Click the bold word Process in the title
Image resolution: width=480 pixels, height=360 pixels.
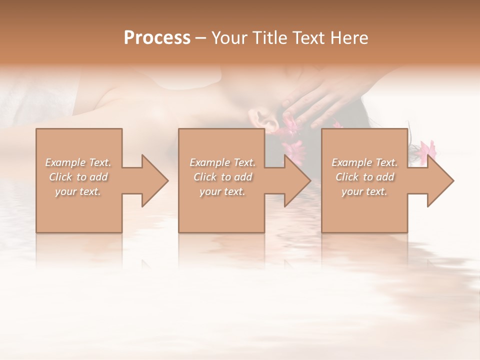(x=157, y=38)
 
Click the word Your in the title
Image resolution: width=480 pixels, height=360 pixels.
(x=230, y=38)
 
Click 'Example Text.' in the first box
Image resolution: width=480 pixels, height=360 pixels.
(x=78, y=162)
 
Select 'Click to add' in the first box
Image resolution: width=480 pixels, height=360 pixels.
(x=78, y=177)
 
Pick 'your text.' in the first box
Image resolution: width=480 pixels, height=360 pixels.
(x=78, y=191)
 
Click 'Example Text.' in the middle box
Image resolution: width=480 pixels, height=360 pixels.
(x=222, y=162)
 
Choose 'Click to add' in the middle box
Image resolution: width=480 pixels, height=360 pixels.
(x=222, y=177)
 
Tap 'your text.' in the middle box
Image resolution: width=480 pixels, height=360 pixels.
(x=222, y=191)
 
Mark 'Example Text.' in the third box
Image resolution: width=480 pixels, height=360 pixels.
(x=364, y=162)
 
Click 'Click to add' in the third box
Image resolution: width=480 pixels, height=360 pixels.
(x=364, y=177)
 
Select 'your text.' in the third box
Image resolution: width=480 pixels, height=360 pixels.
(x=364, y=191)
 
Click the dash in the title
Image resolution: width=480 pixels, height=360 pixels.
(x=200, y=38)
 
